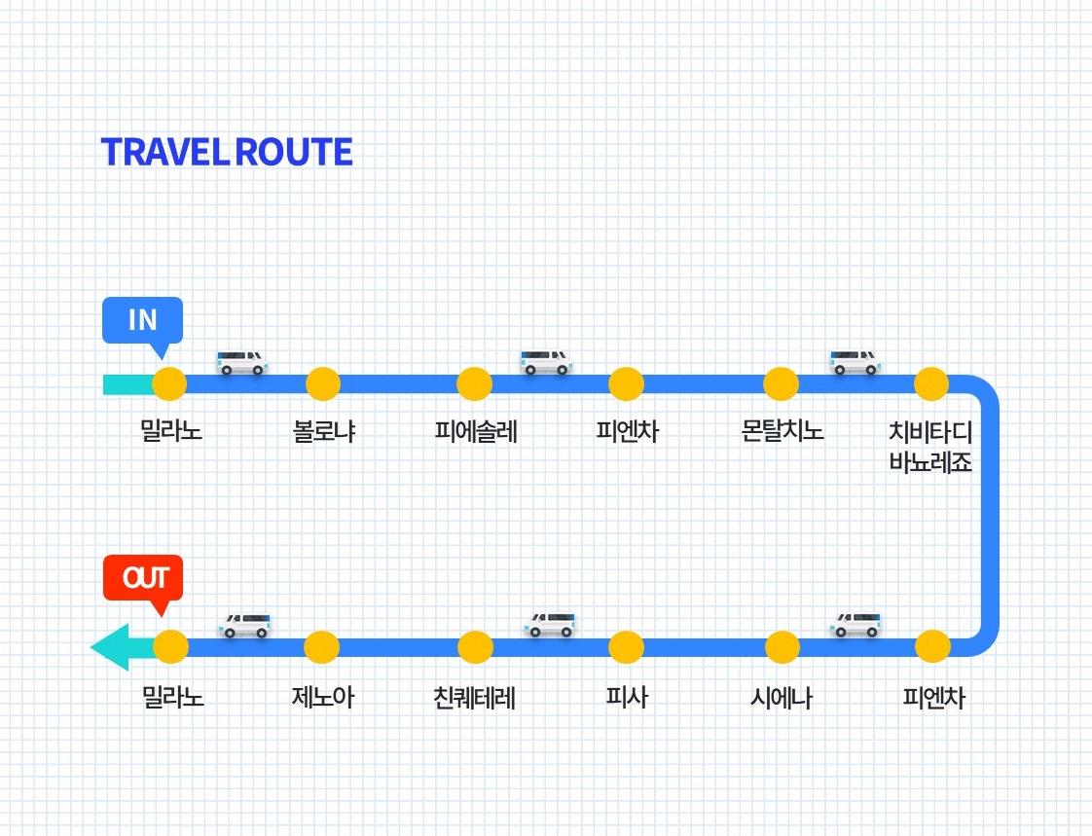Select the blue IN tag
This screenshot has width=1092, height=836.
(x=142, y=320)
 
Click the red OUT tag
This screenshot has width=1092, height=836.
(x=143, y=578)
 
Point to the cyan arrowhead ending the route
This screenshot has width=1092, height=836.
(x=109, y=647)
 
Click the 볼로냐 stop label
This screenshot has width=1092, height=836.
(x=324, y=431)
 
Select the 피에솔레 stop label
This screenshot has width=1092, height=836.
(x=476, y=431)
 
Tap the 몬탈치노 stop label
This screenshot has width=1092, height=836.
(x=783, y=431)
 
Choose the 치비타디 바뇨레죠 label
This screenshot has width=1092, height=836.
(x=930, y=447)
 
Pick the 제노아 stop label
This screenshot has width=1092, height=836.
(x=322, y=698)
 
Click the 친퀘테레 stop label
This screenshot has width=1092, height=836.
(x=475, y=698)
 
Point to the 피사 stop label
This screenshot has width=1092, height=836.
(x=626, y=698)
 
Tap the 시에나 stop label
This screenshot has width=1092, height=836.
(x=782, y=698)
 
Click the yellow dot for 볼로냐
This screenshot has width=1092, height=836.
(x=323, y=384)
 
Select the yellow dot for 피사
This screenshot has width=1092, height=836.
(x=626, y=647)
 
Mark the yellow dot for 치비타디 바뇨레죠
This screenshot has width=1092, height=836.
(x=931, y=384)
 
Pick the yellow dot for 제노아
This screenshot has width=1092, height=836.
(x=321, y=647)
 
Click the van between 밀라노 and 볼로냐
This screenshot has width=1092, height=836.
(x=241, y=362)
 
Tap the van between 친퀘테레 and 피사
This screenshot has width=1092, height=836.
(x=550, y=624)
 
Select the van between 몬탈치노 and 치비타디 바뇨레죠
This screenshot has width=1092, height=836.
(x=855, y=362)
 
